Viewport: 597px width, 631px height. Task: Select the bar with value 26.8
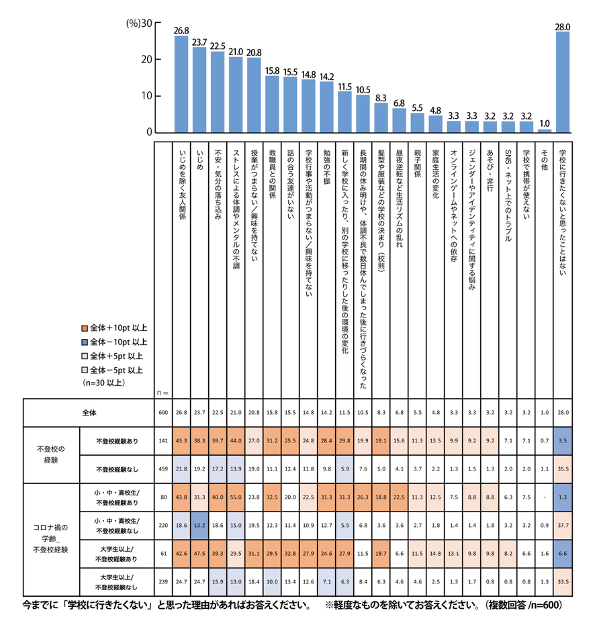coord(181,84)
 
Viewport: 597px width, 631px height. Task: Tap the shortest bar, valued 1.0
coord(545,130)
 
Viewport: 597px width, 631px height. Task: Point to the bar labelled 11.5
coord(345,111)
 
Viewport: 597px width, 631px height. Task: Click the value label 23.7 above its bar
coord(199,42)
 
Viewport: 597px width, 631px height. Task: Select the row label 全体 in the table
coord(89,414)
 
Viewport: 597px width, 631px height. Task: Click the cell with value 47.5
coord(199,554)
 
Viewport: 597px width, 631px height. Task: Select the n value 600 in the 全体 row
coord(163,414)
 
